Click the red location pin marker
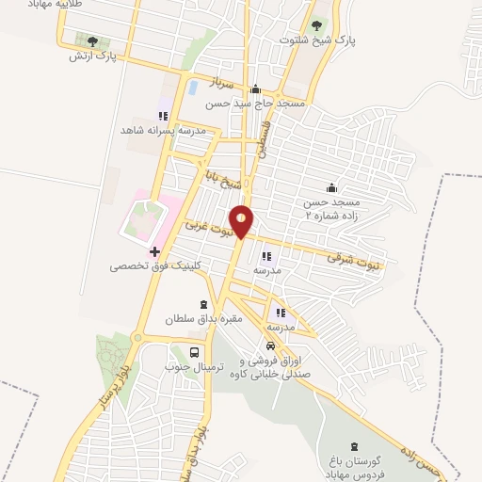(242, 219)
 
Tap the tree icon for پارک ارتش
(92, 41)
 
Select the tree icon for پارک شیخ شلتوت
(315, 27)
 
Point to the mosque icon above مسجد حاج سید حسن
(254, 89)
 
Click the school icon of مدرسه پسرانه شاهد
(164, 116)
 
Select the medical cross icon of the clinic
(154, 250)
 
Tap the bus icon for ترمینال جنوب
(194, 354)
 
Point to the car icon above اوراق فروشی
(270, 345)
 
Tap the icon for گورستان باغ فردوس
(354, 445)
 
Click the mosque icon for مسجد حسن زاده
(330, 187)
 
